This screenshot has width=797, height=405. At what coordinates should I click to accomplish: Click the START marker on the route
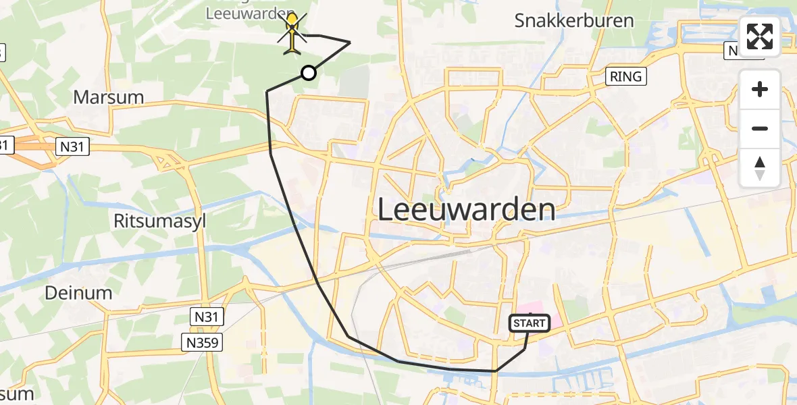tap(530, 323)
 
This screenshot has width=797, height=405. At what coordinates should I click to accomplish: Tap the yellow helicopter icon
tap(292, 34)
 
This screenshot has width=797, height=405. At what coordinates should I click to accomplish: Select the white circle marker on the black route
tap(308, 73)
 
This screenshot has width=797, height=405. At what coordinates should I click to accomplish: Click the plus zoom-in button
tap(760, 90)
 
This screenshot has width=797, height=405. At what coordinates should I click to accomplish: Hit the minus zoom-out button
tap(760, 128)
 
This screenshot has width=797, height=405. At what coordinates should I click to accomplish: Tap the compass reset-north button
tap(760, 168)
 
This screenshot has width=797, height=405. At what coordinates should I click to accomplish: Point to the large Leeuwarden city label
tap(466, 210)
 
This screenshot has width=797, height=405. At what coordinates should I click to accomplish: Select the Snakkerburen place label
tap(574, 20)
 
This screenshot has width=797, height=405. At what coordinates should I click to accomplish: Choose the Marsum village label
tap(108, 97)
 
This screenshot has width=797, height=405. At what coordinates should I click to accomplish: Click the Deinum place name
tap(78, 293)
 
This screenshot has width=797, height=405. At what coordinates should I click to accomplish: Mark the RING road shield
tap(625, 76)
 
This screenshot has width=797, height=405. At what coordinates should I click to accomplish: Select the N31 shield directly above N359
tap(207, 315)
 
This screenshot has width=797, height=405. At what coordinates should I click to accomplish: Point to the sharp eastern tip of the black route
tap(350, 43)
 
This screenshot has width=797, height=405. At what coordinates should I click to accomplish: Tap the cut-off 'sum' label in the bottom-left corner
tap(17, 394)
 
